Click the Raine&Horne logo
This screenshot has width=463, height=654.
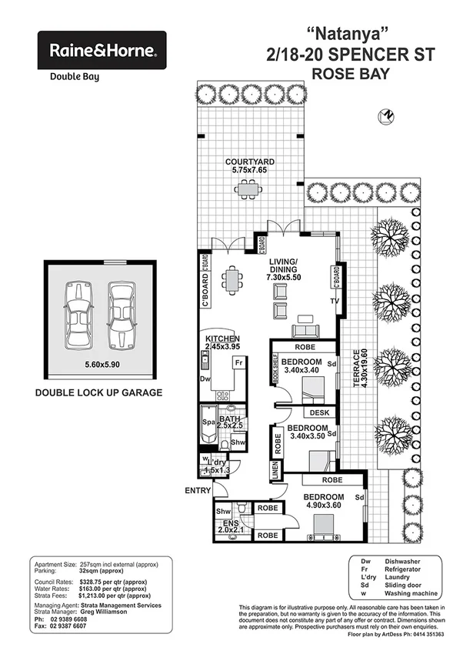pos(102,51)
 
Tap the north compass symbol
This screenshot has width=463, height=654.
pos(386,116)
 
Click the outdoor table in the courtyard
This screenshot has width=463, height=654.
pos(248,188)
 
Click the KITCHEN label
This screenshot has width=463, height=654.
pos(222,339)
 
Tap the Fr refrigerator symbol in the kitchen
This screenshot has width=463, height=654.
pos(239,362)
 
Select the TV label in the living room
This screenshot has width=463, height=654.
pos(334,301)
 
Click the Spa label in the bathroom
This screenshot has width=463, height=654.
pos(206,423)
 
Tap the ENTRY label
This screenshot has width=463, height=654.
pos(198,490)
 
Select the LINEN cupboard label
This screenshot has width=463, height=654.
pos(274,470)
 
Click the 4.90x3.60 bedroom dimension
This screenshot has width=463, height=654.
pos(323,506)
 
